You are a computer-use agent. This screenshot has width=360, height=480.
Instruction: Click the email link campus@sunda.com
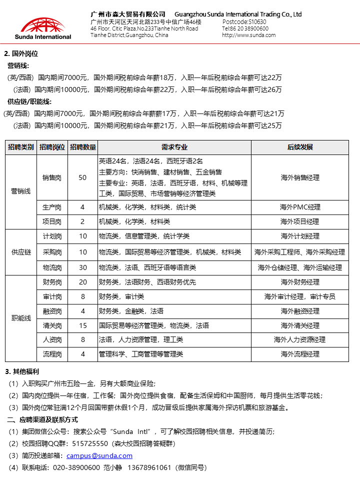tap(99, 455)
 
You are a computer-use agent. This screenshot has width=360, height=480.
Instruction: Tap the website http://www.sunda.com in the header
tap(248, 35)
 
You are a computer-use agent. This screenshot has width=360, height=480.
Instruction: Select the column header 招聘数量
tap(82, 147)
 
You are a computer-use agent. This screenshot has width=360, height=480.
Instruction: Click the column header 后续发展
tap(299, 147)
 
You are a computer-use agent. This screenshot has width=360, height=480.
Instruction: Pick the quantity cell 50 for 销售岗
tap(82, 177)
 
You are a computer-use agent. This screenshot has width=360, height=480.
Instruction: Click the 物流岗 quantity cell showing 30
tap(82, 267)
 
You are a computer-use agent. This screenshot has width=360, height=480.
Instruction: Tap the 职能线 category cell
tap(21, 318)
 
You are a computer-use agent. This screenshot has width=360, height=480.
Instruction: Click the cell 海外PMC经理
tap(299, 207)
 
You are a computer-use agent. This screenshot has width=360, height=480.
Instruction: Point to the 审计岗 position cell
tap(52, 296)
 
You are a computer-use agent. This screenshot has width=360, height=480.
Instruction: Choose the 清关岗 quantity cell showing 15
tap(82, 325)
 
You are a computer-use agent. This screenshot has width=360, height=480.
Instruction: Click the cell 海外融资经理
tap(299, 311)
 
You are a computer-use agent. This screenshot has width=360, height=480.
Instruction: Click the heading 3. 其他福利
tap(22, 371)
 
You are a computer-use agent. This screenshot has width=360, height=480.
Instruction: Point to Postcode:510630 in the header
tap(244, 22)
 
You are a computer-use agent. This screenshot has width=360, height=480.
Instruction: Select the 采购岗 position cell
tap(52, 252)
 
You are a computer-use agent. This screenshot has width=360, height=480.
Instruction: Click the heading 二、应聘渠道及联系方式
tap(42, 419)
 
